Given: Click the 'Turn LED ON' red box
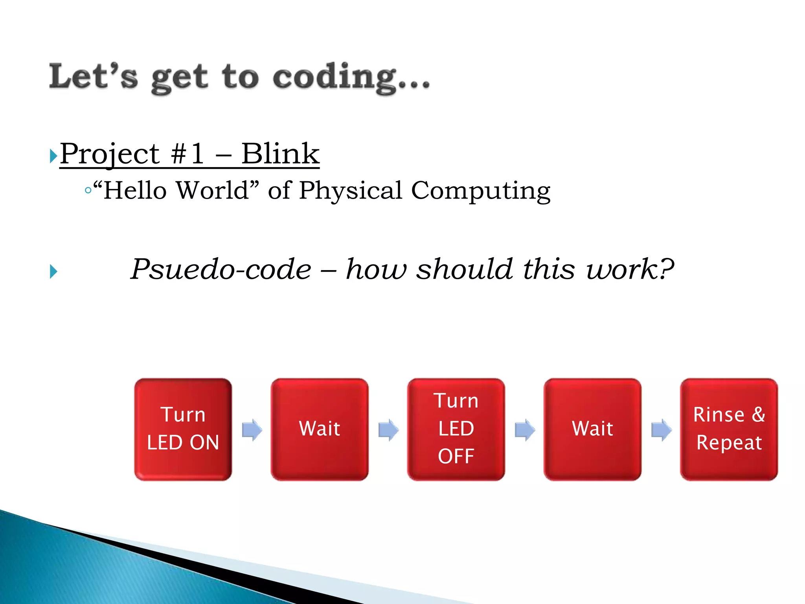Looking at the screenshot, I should point(183,429).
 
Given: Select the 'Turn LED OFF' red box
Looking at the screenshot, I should point(456,429).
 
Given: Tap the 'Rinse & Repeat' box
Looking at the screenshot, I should point(729,429).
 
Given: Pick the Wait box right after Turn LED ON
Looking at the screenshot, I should point(320,429).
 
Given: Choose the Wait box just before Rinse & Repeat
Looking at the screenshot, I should point(592,429).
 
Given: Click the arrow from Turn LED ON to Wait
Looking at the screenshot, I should point(252,429).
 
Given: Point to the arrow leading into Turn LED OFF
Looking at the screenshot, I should point(388,429).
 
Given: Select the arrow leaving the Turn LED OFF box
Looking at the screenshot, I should point(525,429).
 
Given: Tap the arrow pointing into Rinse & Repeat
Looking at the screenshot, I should point(661,429).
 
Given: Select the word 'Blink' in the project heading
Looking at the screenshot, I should point(280,154).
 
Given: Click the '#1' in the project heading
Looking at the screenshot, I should point(187,154).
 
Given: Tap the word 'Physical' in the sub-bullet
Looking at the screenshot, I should point(351,191).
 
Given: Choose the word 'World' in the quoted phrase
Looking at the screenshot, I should point(212,190).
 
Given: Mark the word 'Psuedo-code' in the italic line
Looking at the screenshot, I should point(221,269).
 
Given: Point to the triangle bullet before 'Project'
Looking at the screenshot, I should point(53,156).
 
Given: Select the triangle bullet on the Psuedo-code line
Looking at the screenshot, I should point(53,271).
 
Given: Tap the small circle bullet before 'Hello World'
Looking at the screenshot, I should point(88,191).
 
